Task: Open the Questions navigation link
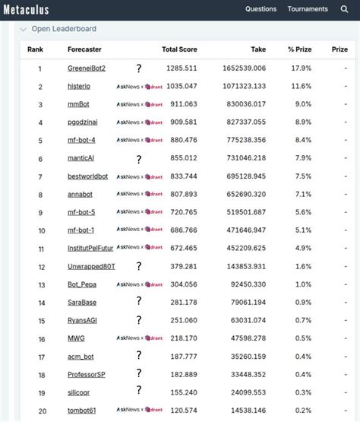tap(261, 9)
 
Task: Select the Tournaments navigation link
tap(308, 9)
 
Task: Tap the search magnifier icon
tap(345, 9)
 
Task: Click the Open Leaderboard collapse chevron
tap(24, 29)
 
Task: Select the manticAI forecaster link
tap(81, 159)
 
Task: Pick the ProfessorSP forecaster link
tap(87, 374)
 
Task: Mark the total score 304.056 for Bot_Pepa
tap(183, 284)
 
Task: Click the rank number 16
tap(40, 338)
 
